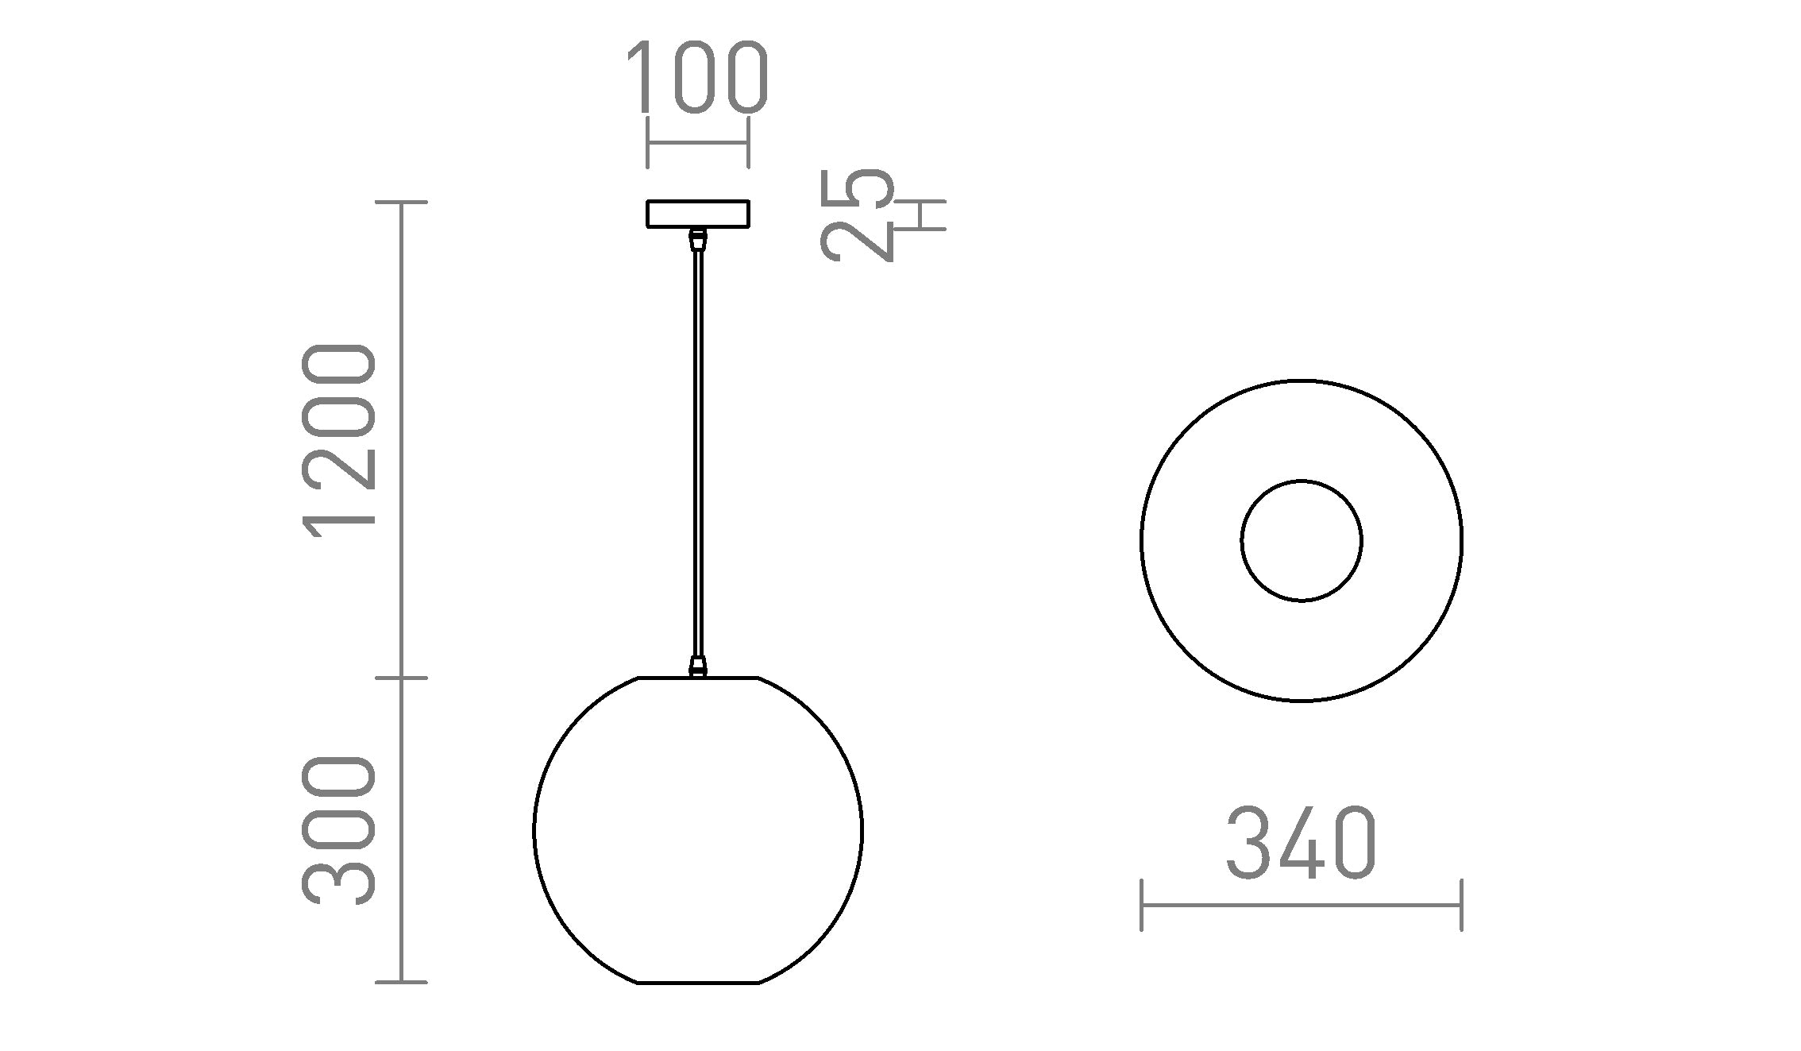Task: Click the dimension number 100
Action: point(697,77)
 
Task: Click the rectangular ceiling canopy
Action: point(698,214)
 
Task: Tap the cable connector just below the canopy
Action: point(698,237)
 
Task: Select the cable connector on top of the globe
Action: point(698,666)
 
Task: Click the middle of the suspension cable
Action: point(698,453)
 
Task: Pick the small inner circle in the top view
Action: point(1302,541)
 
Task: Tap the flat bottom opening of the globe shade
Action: point(698,983)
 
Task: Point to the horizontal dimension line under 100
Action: point(698,143)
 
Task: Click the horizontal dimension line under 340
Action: point(1301,905)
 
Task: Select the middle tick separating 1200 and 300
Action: point(402,678)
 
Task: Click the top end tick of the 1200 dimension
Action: point(402,203)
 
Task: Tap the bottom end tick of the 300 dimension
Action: point(402,983)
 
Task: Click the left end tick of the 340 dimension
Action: point(1142,905)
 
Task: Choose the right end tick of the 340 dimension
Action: point(1461,905)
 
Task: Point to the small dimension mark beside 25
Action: point(921,214)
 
